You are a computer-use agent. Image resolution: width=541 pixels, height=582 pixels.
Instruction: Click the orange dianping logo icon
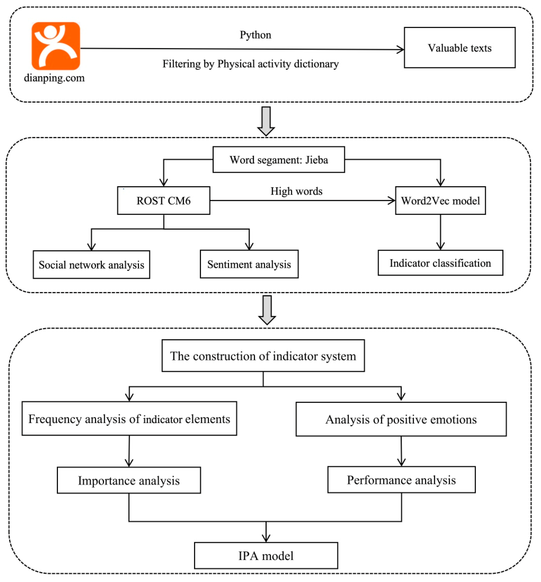coord(56,46)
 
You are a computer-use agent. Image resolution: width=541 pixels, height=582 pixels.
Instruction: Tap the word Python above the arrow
coord(255,35)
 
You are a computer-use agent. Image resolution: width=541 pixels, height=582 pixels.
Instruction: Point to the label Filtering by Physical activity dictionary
coord(250,64)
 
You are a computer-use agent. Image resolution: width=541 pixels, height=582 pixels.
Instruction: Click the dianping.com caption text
coord(54,78)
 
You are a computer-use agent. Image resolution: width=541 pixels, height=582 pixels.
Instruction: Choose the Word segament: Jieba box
coord(278,160)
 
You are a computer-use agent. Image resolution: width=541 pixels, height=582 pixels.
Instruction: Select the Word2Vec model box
coord(440,201)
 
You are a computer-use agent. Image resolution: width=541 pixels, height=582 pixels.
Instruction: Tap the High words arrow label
coord(296,191)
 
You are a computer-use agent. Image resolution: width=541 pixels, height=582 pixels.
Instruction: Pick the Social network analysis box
coord(91,265)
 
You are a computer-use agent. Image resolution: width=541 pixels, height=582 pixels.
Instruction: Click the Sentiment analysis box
coord(249,264)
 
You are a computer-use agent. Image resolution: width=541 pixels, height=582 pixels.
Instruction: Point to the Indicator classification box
coord(440,263)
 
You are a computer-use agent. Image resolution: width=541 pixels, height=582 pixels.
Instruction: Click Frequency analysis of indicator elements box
coord(129,419)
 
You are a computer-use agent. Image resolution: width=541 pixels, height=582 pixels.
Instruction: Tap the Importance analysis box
coord(129,480)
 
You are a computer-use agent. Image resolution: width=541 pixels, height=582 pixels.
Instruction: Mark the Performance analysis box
coord(401,480)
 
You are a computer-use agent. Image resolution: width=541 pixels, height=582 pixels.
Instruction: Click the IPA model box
coord(266,556)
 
